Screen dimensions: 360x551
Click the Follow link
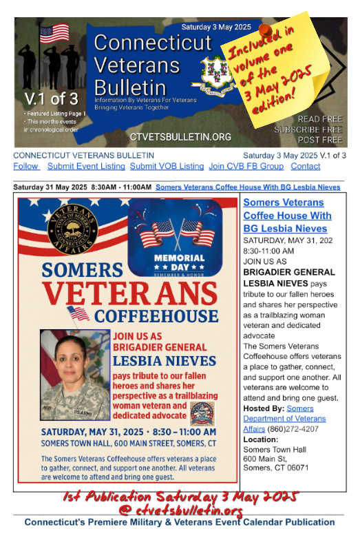26,166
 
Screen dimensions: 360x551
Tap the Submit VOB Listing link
167,166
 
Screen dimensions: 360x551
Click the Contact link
305,166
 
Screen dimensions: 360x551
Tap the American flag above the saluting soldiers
54,33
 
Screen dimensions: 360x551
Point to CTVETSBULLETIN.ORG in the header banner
180,136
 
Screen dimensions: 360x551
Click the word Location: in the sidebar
261,439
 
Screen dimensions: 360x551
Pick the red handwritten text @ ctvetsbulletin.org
181,510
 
